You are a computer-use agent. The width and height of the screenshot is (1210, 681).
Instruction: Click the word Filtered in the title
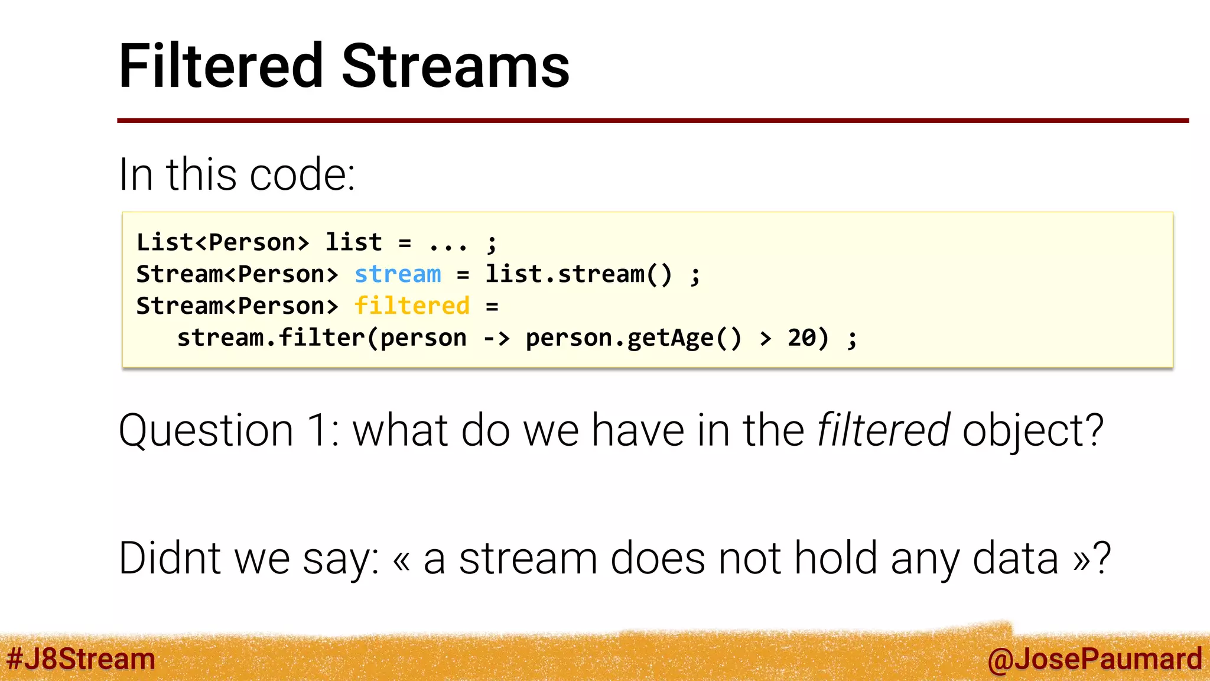click(x=221, y=66)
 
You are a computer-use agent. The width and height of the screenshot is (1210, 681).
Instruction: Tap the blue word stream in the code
click(x=398, y=274)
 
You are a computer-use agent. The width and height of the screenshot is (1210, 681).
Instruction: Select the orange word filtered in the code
click(x=412, y=306)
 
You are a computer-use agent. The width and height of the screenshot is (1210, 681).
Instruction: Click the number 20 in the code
click(x=802, y=338)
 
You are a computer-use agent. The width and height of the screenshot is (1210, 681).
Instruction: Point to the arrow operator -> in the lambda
click(x=496, y=338)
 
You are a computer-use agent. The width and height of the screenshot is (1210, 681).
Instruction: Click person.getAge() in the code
click(x=633, y=338)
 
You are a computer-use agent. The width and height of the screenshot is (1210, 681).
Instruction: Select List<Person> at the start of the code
click(x=223, y=242)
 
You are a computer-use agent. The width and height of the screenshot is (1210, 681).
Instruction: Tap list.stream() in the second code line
click(x=578, y=274)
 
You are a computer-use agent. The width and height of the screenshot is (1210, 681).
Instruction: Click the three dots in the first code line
click(x=448, y=244)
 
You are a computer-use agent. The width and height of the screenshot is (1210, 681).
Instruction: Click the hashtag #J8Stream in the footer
click(x=81, y=659)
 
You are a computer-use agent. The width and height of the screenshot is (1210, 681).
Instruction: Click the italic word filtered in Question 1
click(x=883, y=430)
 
